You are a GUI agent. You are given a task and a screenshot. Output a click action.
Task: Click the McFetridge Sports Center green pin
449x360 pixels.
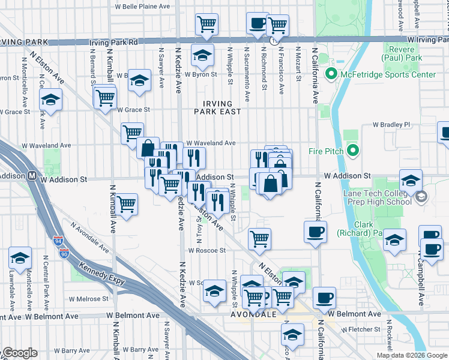[x=330, y=75]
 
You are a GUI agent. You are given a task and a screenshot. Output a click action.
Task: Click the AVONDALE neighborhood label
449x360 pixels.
[x=253, y=314]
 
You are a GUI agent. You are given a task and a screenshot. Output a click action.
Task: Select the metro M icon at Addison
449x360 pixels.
[x=34, y=177]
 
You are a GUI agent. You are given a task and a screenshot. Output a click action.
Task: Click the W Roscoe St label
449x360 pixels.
[x=206, y=250]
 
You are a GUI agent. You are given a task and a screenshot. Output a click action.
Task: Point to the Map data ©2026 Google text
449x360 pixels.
[x=412, y=355]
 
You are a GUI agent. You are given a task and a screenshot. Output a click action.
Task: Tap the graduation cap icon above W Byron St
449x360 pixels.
[x=203, y=56]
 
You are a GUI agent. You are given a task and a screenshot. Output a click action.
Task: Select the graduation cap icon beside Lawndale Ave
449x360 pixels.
[x=20, y=258]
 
